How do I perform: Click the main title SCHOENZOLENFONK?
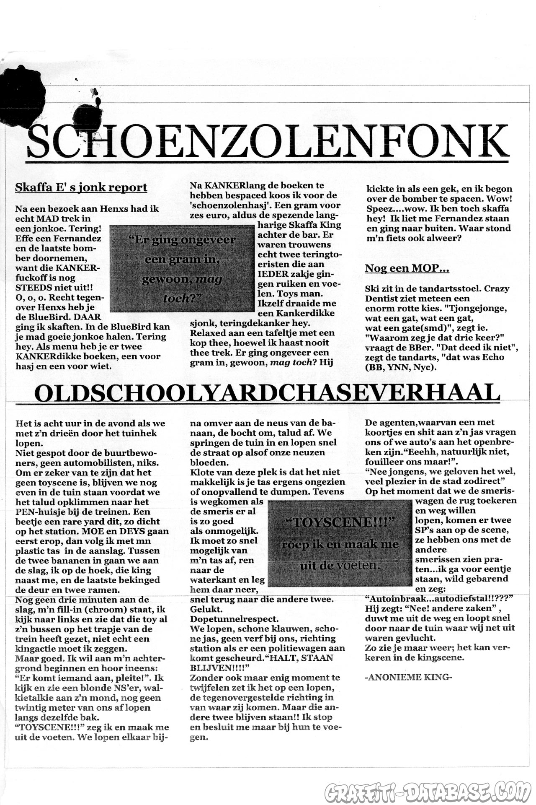click(268, 140)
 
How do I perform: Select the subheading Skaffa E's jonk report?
click(81, 187)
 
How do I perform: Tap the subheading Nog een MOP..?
click(407, 268)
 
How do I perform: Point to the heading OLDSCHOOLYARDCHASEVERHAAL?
click(267, 393)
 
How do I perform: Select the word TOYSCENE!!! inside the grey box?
click(340, 522)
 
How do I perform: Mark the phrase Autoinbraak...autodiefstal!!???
click(439, 599)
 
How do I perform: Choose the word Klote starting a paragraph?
click(202, 473)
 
